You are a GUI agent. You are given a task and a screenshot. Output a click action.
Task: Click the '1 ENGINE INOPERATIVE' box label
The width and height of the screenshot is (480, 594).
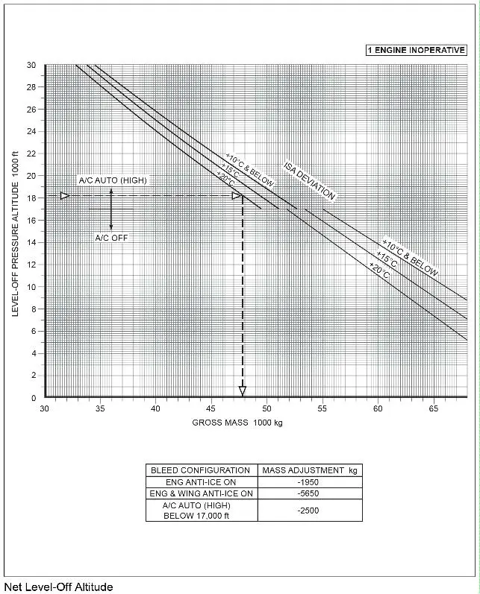[x=416, y=50]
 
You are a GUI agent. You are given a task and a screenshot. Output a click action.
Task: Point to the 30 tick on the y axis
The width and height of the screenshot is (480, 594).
[x=31, y=65]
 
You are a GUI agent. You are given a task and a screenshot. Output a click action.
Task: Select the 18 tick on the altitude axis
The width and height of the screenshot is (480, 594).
[x=31, y=198]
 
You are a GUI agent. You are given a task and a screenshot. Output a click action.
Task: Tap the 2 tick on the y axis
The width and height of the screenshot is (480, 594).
[x=34, y=376]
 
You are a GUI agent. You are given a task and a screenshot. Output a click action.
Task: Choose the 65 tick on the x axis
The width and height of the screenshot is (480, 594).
[x=433, y=408]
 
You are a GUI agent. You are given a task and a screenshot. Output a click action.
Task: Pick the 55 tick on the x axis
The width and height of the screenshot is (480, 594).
[x=322, y=408]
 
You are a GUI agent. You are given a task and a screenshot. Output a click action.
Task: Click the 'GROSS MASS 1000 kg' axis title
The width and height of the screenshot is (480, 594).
[x=237, y=423]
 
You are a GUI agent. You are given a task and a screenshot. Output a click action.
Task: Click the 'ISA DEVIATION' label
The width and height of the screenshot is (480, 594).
[x=309, y=181]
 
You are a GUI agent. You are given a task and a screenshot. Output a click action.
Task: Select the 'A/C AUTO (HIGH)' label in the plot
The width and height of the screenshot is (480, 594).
[x=113, y=180]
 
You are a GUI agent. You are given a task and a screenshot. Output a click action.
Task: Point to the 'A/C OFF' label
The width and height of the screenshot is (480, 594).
[x=110, y=237]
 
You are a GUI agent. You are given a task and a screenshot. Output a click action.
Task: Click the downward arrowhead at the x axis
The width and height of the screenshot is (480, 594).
[x=242, y=391]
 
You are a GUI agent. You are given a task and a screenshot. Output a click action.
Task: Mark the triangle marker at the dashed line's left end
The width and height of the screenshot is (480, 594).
[x=65, y=196]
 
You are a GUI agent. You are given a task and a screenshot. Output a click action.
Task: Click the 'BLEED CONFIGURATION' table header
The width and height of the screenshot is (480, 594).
[x=200, y=470]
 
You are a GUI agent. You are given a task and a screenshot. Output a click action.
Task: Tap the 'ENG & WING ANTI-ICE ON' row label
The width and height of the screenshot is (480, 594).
[x=201, y=493]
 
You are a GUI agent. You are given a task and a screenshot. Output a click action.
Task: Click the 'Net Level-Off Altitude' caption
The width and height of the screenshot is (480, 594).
[x=58, y=587]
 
